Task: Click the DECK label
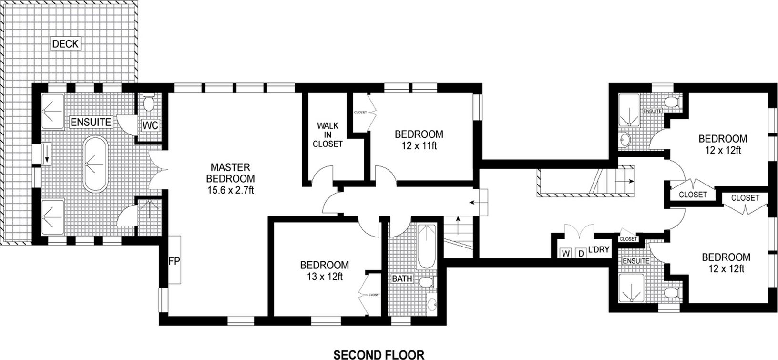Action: (x=65, y=44)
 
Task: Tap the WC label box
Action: (x=150, y=125)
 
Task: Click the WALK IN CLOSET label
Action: (x=328, y=135)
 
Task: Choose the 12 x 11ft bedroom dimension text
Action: (x=419, y=145)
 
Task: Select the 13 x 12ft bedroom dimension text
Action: (x=324, y=276)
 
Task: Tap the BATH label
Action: (x=402, y=278)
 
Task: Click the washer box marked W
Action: (x=566, y=253)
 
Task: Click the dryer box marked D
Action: (x=581, y=253)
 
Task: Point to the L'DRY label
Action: (x=599, y=249)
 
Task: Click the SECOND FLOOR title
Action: (x=379, y=354)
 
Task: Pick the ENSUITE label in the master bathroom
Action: (x=91, y=122)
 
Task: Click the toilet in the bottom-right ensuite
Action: (x=671, y=292)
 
